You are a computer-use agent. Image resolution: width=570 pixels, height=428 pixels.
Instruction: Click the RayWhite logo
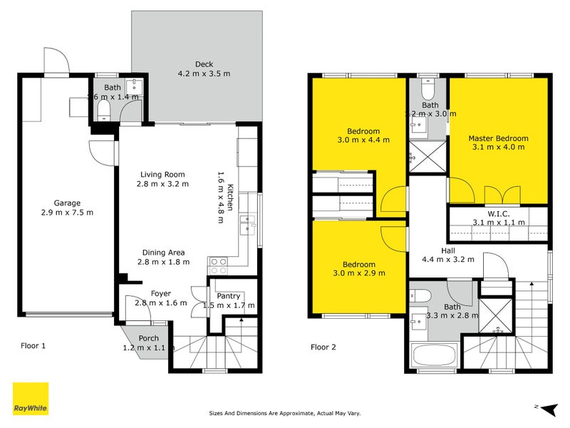31,399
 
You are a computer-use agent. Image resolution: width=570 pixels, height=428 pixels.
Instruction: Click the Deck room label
204,64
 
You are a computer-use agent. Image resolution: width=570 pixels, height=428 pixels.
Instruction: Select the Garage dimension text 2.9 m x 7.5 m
67,212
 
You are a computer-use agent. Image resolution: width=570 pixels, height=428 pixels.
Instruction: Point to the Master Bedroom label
498,138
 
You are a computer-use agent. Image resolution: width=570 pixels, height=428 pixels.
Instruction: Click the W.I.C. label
498,213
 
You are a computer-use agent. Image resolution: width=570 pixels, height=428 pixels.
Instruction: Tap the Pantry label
228,296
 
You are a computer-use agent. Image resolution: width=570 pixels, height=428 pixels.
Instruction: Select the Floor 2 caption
325,347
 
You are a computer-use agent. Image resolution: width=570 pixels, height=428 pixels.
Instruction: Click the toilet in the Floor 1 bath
104,108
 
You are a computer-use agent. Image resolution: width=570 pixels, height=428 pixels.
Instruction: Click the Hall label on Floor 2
448,250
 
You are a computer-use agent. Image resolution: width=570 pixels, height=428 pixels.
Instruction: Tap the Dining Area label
163,253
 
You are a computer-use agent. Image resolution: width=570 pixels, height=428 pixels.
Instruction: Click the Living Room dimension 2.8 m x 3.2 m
163,184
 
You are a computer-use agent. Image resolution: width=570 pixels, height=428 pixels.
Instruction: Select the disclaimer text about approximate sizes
285,412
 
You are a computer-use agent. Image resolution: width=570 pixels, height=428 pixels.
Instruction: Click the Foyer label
162,293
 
